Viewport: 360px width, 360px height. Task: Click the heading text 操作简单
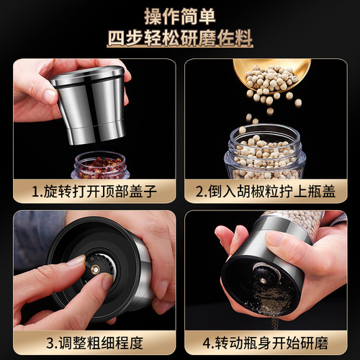tap(179, 15)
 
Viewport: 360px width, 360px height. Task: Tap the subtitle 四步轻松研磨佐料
tap(179, 37)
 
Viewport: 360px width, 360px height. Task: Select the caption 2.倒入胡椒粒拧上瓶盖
tap(269, 192)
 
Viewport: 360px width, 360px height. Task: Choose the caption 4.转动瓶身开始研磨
tap(269, 343)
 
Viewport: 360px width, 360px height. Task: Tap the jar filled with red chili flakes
tap(101, 166)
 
